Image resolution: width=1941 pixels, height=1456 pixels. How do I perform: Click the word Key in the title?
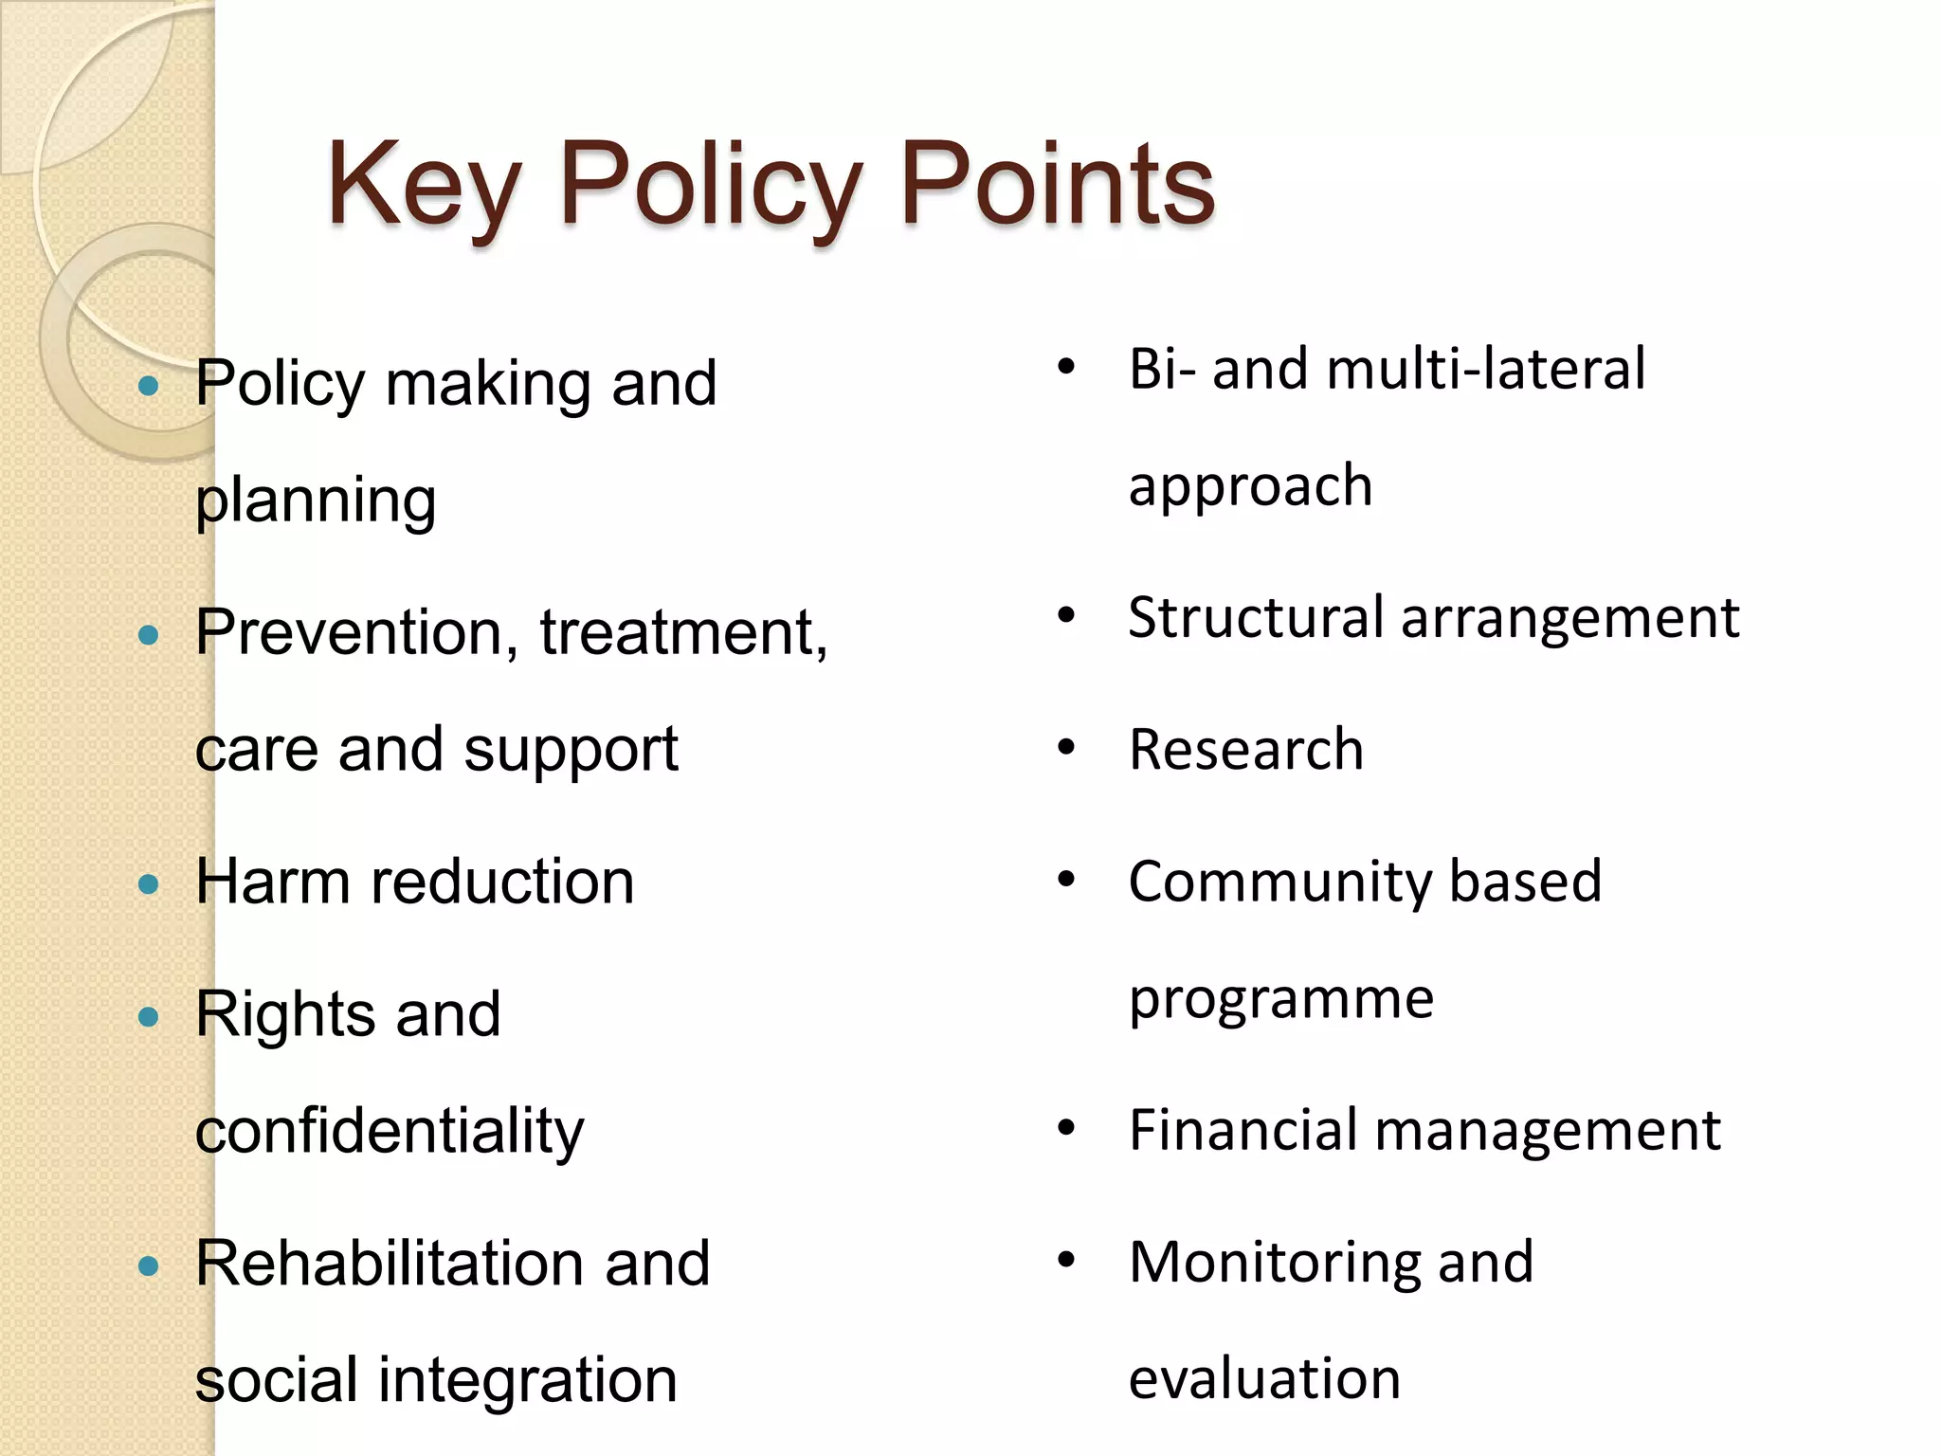424,185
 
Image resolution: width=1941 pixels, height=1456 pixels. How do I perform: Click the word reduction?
502,882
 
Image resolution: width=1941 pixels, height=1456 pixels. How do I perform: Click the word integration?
528,1380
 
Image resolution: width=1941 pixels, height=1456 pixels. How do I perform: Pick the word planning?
316,500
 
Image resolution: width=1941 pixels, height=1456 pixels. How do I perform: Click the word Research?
1246,750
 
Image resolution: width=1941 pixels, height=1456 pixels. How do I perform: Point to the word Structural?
1256,618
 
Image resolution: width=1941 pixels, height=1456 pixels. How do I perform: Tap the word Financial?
1243,1130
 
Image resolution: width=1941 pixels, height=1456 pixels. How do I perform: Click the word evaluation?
1264,1378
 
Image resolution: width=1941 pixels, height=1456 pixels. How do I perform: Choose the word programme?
1281,999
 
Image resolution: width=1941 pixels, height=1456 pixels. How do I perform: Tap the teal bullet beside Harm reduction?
148,884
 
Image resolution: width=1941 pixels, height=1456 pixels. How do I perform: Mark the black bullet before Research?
1066,748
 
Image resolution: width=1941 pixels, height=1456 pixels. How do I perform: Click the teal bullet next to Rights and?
148,1017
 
